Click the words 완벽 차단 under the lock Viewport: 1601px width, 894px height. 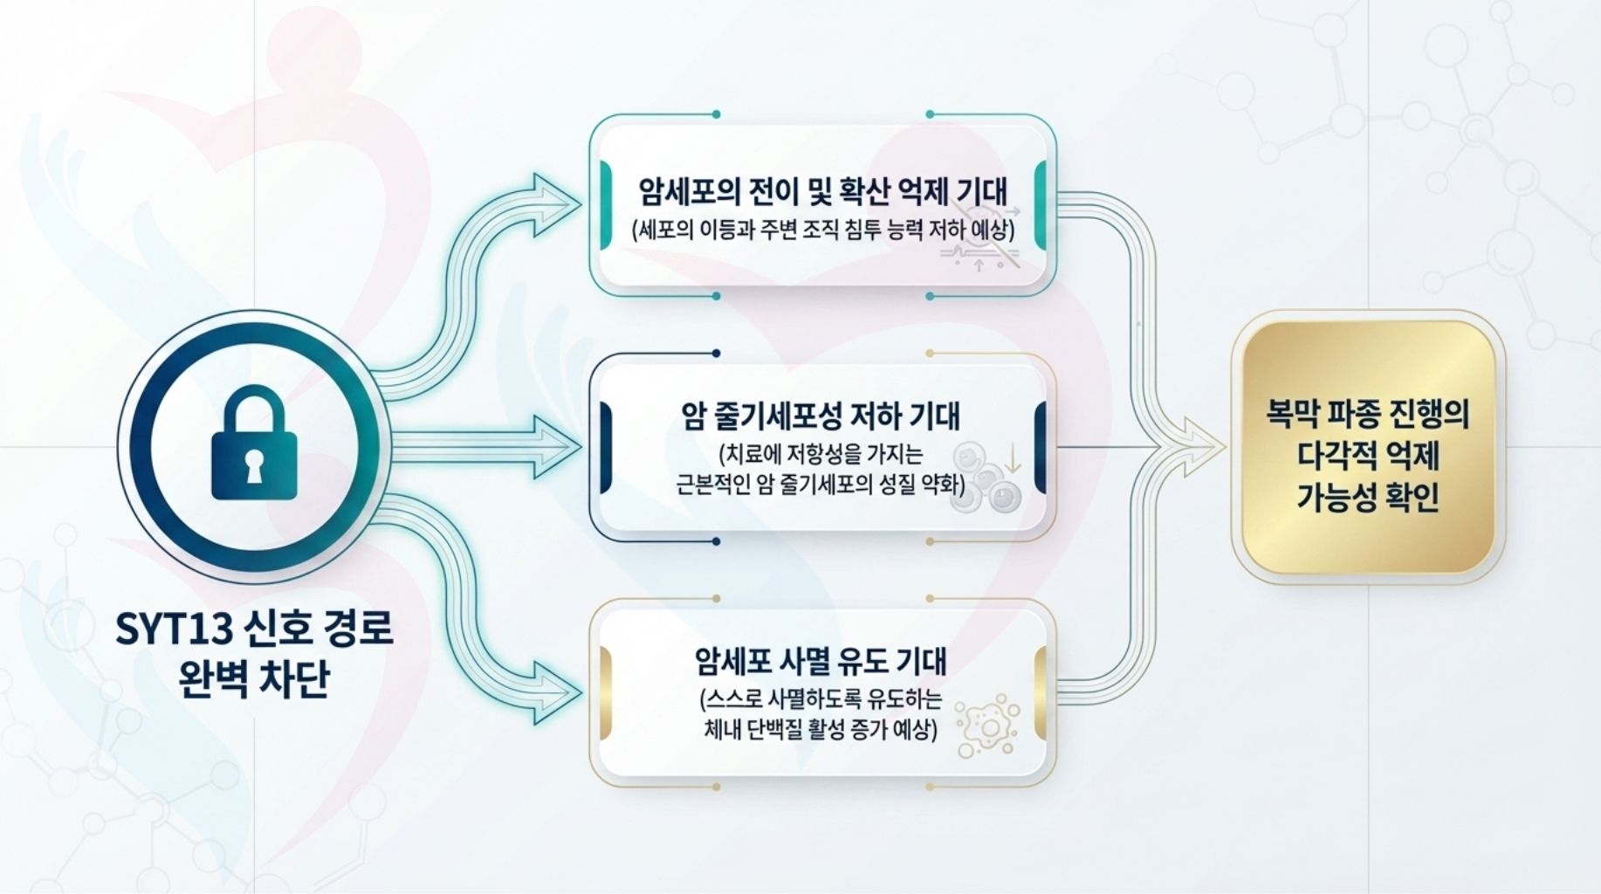254,679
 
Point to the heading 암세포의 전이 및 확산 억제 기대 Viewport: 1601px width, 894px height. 821,189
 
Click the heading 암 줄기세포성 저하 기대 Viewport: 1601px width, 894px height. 820,416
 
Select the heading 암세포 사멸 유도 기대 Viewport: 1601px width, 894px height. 821,661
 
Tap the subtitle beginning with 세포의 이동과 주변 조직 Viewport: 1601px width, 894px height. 821,230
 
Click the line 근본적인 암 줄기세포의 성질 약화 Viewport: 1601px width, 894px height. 820,485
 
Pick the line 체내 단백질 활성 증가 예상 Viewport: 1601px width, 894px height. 820,729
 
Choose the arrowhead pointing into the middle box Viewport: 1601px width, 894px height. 559,445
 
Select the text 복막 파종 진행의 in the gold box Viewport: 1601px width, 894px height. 1367,413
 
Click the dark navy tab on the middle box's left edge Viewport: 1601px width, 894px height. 606,446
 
